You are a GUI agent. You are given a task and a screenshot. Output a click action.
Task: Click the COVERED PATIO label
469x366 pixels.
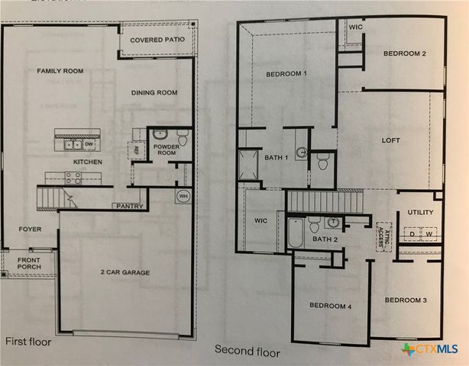[x=157, y=40]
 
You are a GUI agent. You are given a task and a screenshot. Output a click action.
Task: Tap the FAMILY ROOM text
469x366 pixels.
[x=60, y=71]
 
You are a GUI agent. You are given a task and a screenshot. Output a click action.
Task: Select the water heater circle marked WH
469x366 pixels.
[x=183, y=196]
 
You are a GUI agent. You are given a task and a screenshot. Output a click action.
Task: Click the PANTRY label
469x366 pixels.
[x=127, y=206]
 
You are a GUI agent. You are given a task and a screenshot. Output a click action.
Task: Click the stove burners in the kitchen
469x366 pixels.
[x=73, y=178]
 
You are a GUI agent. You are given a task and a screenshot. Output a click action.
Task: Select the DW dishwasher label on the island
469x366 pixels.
[x=89, y=143]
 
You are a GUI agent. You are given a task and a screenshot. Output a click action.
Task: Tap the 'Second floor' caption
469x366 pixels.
[x=247, y=352]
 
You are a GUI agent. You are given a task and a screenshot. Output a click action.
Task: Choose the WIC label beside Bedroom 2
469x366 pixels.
[x=354, y=27]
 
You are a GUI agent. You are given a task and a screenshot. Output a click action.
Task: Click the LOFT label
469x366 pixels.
[x=390, y=140]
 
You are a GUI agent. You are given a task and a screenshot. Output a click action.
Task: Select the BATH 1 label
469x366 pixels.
[x=276, y=158]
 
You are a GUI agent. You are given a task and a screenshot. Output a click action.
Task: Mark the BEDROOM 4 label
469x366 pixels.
[x=329, y=306]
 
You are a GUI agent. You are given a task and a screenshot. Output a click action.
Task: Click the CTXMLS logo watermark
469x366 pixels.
[x=430, y=349]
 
